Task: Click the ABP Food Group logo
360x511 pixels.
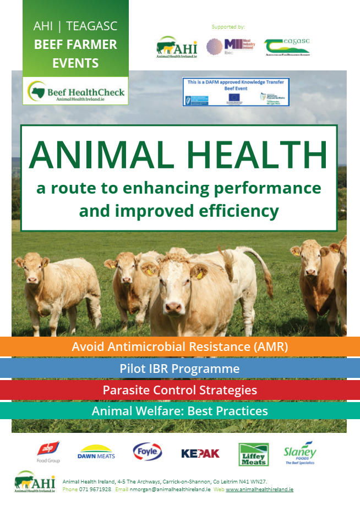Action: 48,452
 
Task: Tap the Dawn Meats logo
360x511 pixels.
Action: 95,452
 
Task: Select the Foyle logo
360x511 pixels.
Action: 148,452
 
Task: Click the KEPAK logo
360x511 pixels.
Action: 200,453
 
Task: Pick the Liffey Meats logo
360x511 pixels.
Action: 253,454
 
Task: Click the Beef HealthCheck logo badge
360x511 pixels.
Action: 76,92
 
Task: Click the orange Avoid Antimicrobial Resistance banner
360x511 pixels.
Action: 180,347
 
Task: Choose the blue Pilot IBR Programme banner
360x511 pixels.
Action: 180,369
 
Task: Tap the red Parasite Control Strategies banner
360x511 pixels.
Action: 180,390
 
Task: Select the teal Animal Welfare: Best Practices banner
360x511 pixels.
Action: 180,411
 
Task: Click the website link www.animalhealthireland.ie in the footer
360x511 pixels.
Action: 259,489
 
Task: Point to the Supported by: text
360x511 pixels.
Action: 228,26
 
